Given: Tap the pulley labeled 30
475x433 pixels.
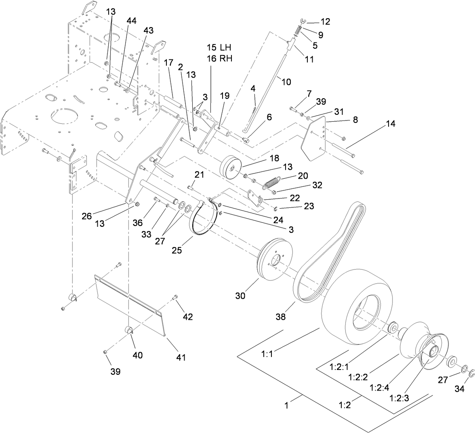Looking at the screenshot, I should coord(273,259).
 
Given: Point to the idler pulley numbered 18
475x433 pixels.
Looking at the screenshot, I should coord(231,166).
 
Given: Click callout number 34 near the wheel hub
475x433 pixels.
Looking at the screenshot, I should coord(459,390).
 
